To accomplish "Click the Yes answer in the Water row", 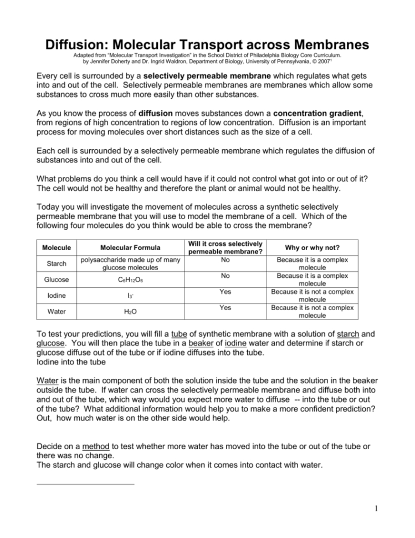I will (x=225, y=307).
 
